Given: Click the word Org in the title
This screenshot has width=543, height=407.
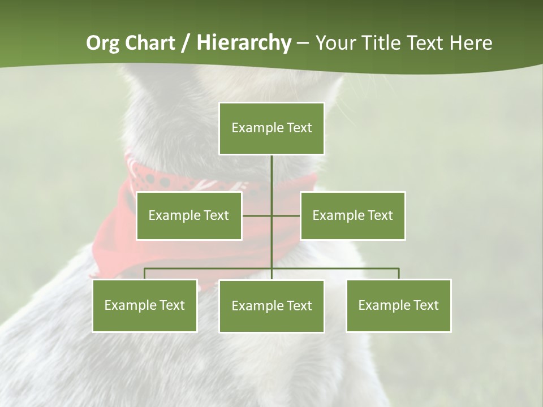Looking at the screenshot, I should [102, 43].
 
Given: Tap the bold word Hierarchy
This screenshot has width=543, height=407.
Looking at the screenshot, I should [244, 43].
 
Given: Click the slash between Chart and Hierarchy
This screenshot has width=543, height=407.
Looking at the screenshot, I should [186, 44].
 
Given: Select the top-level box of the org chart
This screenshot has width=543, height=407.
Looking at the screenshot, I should [271, 128].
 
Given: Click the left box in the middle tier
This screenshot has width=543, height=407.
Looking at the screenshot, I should [189, 215].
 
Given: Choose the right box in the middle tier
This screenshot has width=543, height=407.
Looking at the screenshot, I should [352, 215].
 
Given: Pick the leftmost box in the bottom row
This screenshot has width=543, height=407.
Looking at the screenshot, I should [144, 305].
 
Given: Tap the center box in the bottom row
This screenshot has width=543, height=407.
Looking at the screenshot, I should [271, 306].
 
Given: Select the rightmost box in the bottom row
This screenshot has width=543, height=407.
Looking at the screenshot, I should [398, 305].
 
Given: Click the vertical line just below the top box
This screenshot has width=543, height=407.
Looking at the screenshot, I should [271, 170].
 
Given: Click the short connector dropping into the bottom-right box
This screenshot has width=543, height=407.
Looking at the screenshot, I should [399, 274].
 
